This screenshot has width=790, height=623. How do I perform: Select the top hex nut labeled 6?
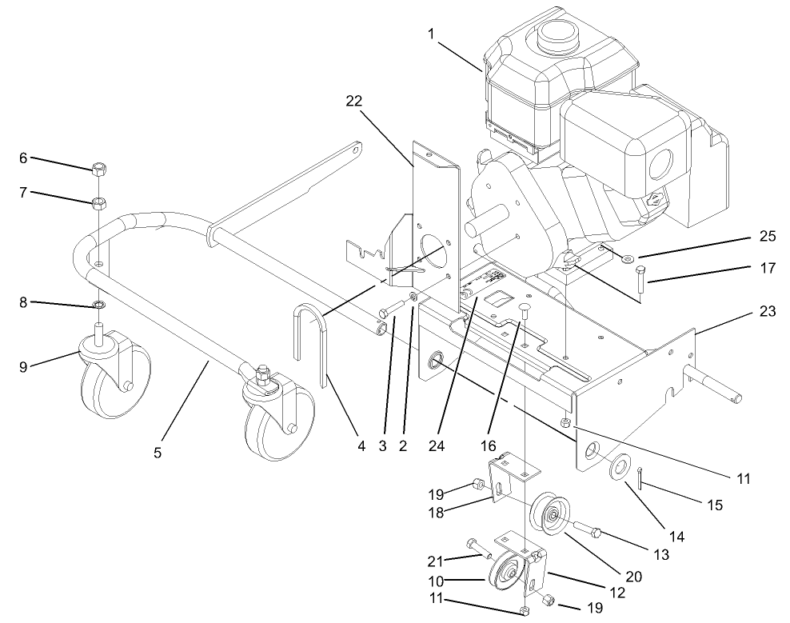click(99, 169)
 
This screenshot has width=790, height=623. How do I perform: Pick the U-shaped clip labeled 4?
click(310, 344)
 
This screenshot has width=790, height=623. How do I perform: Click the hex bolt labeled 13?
click(586, 529)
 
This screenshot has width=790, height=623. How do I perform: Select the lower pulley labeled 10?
click(505, 570)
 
